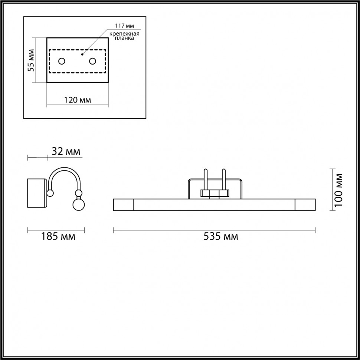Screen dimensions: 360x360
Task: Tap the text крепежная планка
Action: (124, 36)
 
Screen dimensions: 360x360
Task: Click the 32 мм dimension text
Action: (65, 151)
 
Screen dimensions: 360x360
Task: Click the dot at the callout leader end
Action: (82, 54)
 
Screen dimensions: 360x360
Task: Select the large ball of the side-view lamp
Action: (78, 205)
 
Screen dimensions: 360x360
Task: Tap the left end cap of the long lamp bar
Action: (123, 205)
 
